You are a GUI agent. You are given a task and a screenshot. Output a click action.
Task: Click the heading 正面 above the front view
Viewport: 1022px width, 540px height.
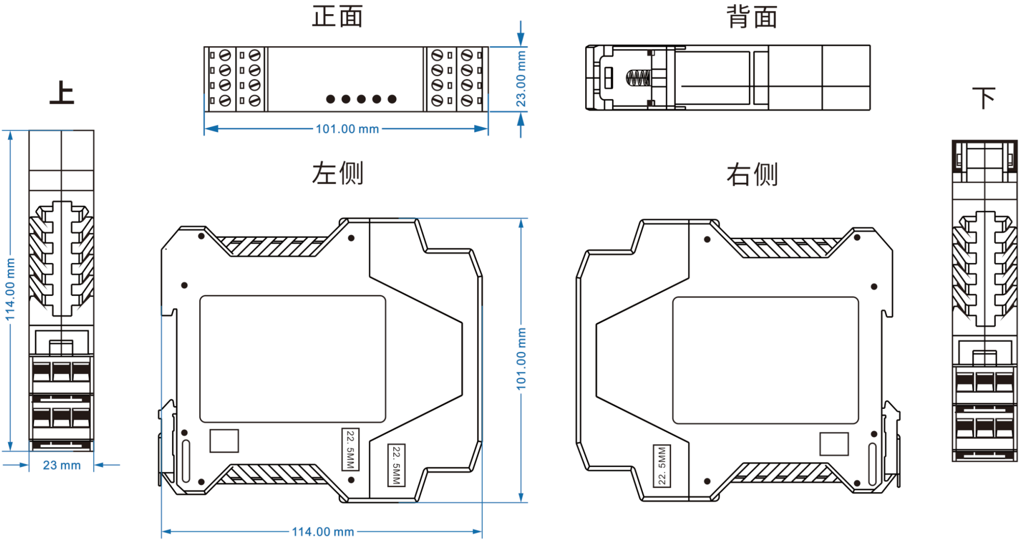coord(337,16)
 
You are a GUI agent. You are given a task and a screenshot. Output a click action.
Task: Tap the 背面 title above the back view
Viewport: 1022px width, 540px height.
coord(751,17)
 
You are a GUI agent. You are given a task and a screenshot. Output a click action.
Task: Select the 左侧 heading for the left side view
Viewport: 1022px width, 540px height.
coord(337,173)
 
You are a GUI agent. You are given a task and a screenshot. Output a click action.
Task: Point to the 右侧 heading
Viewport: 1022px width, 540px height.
coord(751,174)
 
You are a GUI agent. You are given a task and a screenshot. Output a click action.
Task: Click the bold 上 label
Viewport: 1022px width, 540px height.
coord(62,93)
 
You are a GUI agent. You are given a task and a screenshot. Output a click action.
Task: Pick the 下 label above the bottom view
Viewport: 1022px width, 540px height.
coord(984,98)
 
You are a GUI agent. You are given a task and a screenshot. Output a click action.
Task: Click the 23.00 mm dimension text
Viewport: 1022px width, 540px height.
coord(521,79)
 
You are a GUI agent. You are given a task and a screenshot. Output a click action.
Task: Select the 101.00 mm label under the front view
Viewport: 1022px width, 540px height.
coord(347,129)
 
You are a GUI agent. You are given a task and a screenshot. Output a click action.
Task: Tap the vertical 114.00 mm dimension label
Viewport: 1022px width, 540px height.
coord(10,289)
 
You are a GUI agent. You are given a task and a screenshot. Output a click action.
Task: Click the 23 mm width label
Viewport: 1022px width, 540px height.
coord(62,465)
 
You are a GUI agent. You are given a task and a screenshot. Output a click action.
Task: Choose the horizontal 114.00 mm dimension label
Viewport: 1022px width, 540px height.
coord(322,532)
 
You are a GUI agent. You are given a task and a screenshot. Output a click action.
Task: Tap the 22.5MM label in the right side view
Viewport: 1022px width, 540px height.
coord(662,465)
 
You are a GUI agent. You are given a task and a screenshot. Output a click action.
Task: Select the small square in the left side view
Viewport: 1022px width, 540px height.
coord(224,441)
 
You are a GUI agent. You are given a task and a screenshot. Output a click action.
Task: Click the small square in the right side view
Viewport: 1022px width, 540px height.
coord(834,444)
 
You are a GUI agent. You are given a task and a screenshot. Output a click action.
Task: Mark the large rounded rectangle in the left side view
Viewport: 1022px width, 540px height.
coord(293,359)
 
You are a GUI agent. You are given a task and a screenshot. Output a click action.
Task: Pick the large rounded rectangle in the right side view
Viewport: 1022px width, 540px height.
coord(766,360)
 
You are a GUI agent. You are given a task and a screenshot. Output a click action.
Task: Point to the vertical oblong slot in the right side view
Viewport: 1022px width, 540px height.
coord(872,464)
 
